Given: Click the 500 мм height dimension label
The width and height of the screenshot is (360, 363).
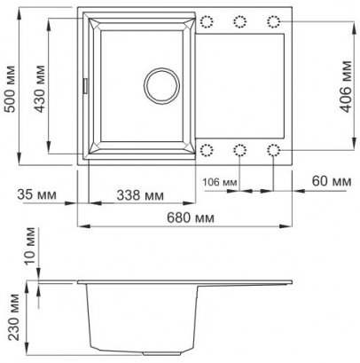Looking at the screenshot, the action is click(11, 89).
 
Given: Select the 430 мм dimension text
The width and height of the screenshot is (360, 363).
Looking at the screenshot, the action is click(39, 89).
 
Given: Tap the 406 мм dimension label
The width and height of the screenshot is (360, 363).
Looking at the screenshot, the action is click(347, 86).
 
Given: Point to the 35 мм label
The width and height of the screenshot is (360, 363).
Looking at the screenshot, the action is click(36, 194).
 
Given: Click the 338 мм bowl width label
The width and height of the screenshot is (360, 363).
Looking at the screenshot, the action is click(140, 195).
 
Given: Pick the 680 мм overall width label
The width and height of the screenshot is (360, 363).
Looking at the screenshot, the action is click(191, 218).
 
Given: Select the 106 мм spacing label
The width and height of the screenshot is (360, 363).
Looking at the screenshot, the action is click(220, 182).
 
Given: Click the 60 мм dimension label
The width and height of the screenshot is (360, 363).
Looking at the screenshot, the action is click(332, 181).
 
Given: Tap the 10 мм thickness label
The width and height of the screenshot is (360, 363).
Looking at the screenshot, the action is click(30, 246).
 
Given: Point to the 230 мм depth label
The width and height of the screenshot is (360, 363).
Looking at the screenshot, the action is click(14, 317).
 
